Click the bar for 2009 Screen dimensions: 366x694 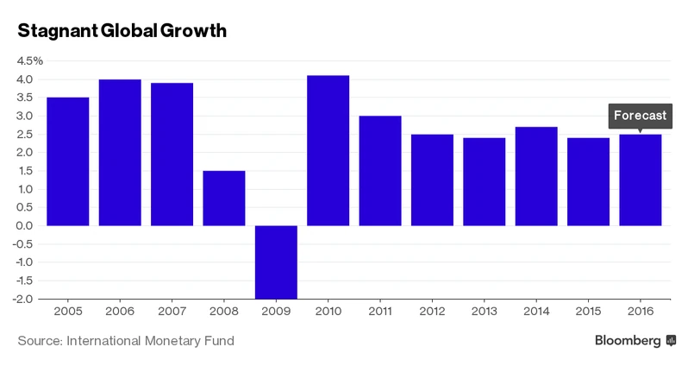276,262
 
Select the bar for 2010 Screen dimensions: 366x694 328,150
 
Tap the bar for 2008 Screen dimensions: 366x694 224,198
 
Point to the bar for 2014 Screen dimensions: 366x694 536,176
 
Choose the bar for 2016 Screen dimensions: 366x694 640,180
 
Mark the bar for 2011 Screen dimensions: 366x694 380,170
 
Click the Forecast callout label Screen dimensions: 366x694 640,116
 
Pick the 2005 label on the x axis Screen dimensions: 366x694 67,311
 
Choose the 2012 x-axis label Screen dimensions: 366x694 432,311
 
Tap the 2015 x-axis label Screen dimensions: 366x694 588,311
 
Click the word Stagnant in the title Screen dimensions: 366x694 55,32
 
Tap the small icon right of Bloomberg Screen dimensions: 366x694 671,341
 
